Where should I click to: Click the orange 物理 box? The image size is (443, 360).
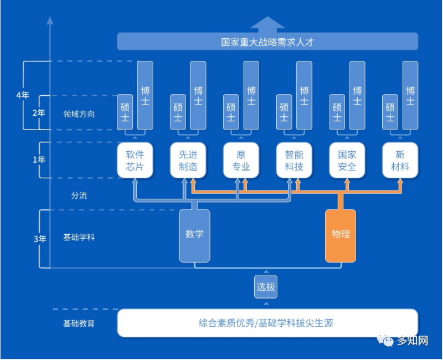[x=341, y=235]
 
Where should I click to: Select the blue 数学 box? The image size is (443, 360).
[x=194, y=235]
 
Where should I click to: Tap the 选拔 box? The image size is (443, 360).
[x=266, y=287]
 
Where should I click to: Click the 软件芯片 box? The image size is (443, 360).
[x=135, y=161]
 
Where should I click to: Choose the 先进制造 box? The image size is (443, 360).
[x=188, y=161]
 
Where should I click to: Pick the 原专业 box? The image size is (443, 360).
[x=241, y=161]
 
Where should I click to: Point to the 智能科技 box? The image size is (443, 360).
[x=294, y=161]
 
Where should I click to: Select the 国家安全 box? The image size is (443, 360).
[x=347, y=161]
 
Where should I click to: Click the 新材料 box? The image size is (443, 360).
[x=400, y=161]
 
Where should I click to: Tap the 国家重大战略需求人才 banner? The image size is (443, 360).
[x=267, y=42]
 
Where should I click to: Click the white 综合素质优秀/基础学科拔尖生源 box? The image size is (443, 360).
[x=267, y=323]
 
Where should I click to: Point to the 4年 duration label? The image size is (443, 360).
[x=23, y=95]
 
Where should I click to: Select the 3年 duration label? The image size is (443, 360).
[x=39, y=239]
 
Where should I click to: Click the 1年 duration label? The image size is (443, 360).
[x=39, y=160]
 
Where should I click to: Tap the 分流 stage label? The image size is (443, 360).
[x=79, y=196]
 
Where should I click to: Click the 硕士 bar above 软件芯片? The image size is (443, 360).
[x=125, y=112]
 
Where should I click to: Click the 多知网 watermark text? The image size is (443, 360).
[x=412, y=341]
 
